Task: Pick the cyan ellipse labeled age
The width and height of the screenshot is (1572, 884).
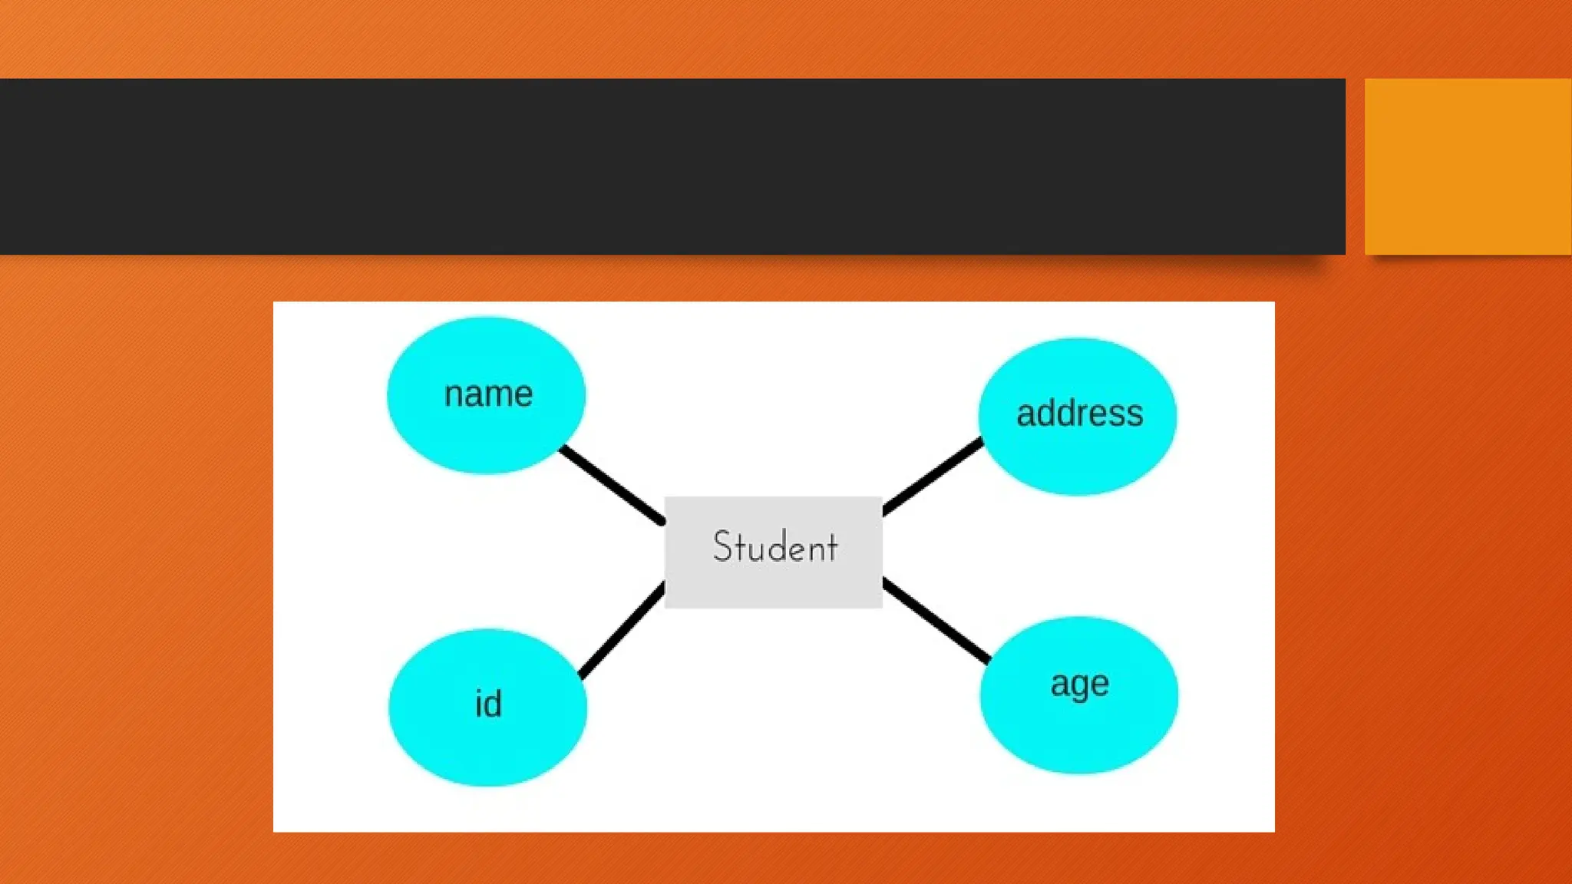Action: click(1078, 729)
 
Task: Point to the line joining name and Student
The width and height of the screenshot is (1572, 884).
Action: click(613, 485)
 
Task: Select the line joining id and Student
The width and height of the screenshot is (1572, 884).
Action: click(622, 631)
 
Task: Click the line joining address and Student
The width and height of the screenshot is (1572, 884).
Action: click(933, 476)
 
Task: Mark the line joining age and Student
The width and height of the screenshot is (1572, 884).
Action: click(936, 620)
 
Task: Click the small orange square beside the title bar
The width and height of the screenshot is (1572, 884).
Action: click(1468, 167)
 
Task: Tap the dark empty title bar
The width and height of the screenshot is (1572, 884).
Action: click(672, 167)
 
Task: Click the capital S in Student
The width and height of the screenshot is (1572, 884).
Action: click(723, 546)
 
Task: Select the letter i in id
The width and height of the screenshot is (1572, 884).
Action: click(480, 704)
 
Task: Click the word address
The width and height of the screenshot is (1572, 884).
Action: click(1080, 414)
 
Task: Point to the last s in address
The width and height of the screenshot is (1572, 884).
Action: click(1135, 414)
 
